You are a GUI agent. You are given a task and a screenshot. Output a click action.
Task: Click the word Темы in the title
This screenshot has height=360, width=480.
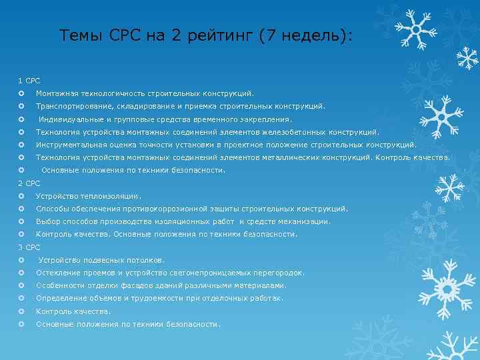(x=79, y=35)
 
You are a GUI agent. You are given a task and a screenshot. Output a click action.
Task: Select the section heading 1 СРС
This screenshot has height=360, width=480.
(x=29, y=81)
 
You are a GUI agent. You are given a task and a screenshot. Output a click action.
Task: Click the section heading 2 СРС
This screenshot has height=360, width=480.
(x=29, y=183)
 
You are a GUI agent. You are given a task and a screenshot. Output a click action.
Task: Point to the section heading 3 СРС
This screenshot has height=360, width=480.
(x=29, y=247)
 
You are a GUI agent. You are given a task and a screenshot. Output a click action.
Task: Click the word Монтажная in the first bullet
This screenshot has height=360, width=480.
(x=58, y=94)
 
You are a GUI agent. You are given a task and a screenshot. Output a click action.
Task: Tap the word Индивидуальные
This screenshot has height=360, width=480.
(x=70, y=120)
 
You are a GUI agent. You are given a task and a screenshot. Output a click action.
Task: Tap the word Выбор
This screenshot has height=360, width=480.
(x=47, y=222)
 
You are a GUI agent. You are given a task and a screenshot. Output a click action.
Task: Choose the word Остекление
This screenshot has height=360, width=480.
(x=57, y=273)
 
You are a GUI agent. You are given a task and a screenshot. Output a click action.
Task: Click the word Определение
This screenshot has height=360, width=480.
(x=61, y=299)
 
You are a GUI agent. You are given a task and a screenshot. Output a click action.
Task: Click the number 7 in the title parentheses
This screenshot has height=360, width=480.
(x=267, y=36)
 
